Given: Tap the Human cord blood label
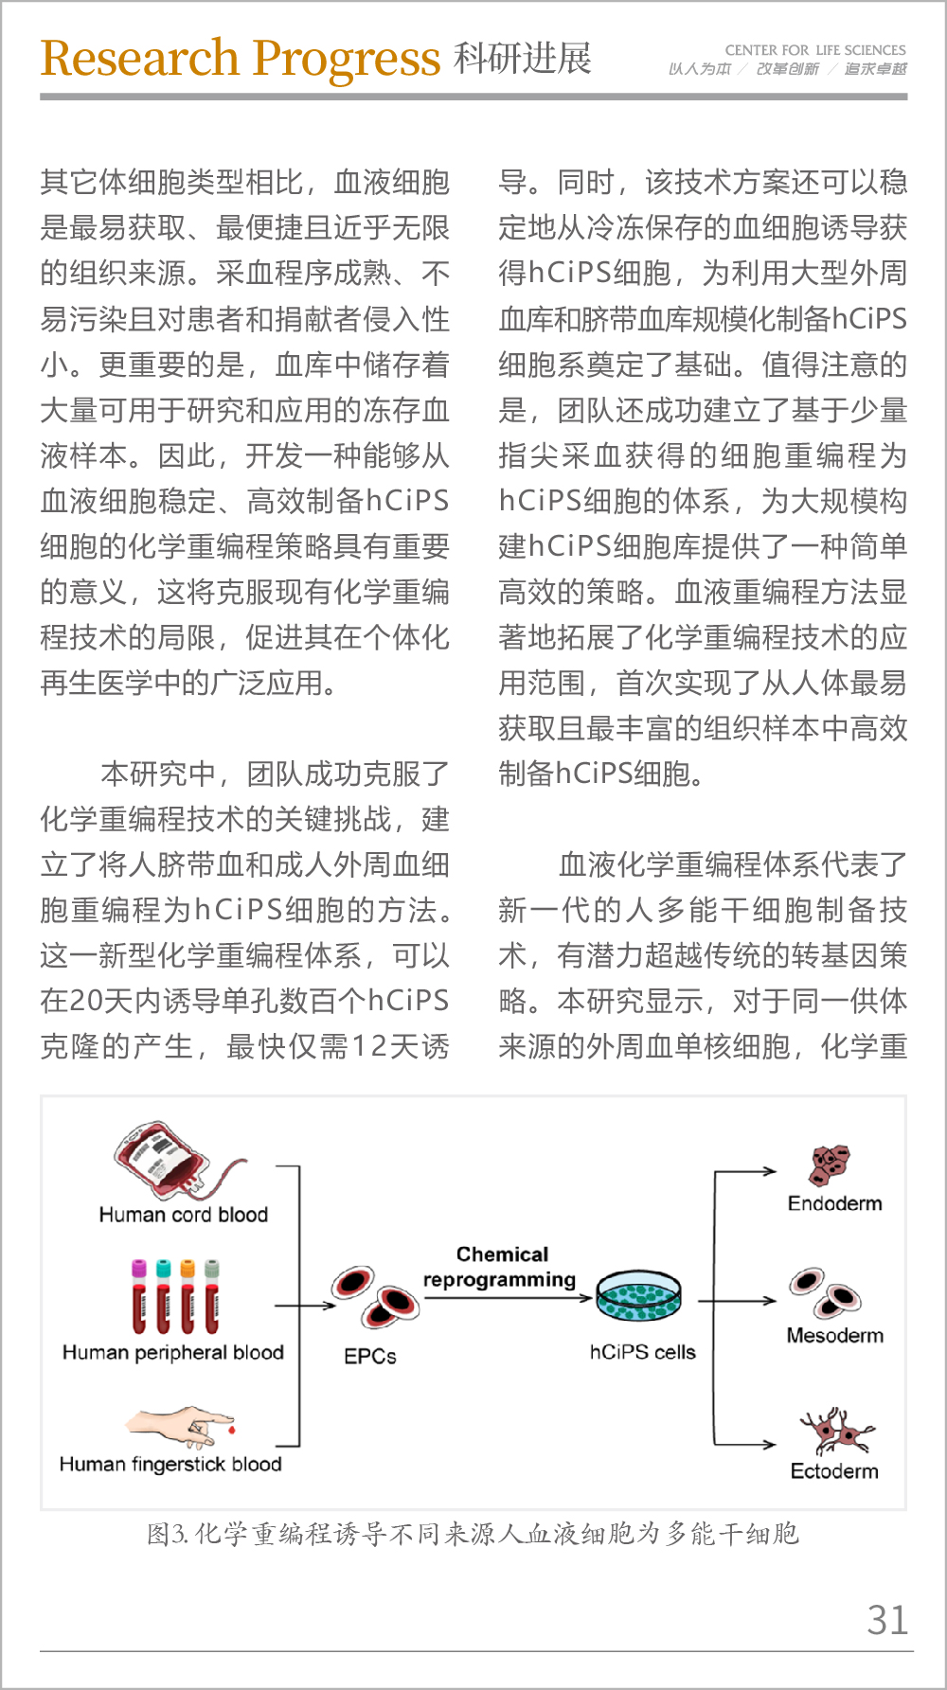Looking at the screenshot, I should coord(183,1215).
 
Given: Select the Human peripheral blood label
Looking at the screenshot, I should coord(172,1353).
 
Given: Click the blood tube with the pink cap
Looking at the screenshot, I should coord(139,1296).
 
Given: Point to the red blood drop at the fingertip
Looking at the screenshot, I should coord(231,1429).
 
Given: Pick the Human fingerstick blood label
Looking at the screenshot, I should coord(170,1465).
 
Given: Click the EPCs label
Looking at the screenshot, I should coord(369,1357).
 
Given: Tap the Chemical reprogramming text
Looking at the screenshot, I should coord(501,1267).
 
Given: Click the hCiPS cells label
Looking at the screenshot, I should coord(642,1352).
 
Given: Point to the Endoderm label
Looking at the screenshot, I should coord(834,1203).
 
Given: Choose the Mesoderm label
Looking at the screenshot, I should coord(834,1336).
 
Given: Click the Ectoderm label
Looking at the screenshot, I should coord(834,1471).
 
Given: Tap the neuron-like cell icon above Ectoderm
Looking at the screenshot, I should coord(834,1431).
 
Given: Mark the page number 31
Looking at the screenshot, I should coord(887,1621).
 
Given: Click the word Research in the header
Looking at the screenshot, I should coord(139,59).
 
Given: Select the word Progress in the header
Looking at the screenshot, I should coord(346,60).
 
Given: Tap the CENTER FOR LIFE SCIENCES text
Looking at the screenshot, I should coord(814,50).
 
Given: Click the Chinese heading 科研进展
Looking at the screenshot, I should coord(522,59).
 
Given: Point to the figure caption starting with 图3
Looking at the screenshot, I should coord(473,1534).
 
